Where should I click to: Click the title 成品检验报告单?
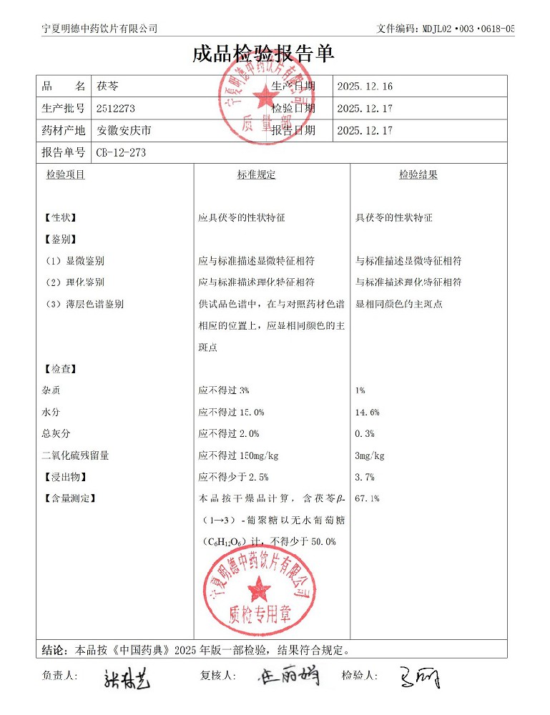click(263, 55)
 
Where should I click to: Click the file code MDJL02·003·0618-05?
click(464, 29)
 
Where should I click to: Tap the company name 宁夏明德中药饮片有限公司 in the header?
click(99, 29)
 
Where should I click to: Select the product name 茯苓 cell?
click(108, 87)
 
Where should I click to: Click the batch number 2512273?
click(115, 109)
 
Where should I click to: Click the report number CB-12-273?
click(121, 152)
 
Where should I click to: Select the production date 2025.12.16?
click(365, 87)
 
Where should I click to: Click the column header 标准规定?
click(256, 174)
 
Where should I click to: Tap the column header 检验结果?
click(418, 174)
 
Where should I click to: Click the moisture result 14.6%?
click(367, 413)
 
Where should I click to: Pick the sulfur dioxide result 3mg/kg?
click(370, 455)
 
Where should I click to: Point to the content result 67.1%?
click(367, 498)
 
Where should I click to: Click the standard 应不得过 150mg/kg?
click(238, 455)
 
